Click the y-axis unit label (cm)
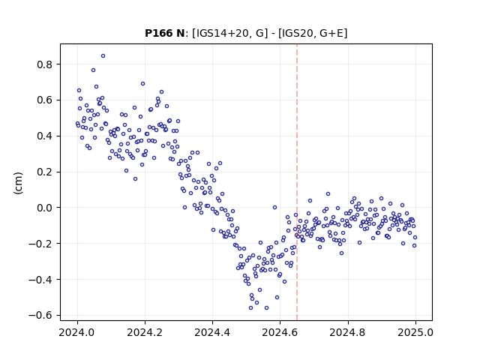(18, 183)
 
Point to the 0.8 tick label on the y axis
(45, 64)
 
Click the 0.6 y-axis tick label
(45, 100)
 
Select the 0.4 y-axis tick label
(45, 136)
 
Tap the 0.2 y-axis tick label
(45, 172)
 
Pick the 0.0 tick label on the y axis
(45, 208)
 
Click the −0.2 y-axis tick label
(41, 244)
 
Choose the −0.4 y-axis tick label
(41, 280)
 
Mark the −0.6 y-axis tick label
(41, 315)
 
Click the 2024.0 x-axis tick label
(77, 332)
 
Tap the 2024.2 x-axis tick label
(145, 332)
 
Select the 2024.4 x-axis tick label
(212, 332)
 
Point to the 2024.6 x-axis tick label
(280, 332)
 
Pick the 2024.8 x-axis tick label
(347, 332)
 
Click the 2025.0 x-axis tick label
(415, 332)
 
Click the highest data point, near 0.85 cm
(103, 56)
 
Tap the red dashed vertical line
(297, 182)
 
